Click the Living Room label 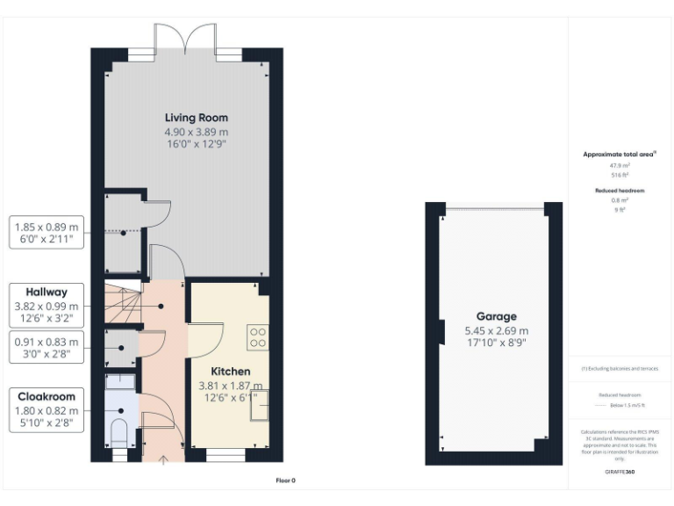[x=197, y=118]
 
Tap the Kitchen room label [x=230, y=372]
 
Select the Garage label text [x=496, y=316]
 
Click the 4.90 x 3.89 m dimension [x=197, y=132]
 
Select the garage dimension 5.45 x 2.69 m [x=496, y=331]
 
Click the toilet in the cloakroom [x=119, y=430]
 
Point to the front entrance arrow [x=165, y=458]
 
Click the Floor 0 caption [x=286, y=481]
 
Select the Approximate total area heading [x=619, y=155]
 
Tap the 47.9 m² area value [x=620, y=165]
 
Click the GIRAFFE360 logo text [x=620, y=472]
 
